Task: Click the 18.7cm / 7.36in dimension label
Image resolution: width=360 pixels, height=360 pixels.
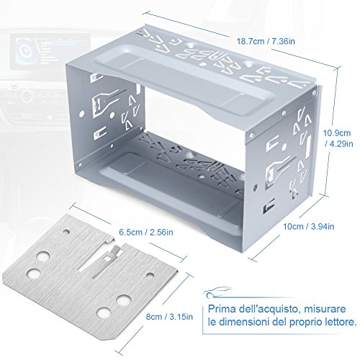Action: click(x=266, y=41)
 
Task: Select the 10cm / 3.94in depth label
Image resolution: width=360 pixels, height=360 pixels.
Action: click(x=309, y=226)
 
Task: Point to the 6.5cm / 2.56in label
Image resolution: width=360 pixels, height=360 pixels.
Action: click(x=146, y=232)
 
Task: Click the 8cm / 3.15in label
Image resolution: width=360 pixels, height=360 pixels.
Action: click(x=169, y=317)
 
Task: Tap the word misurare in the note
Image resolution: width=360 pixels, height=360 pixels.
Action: click(x=325, y=309)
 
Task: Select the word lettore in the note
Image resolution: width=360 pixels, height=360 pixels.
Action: click(x=339, y=322)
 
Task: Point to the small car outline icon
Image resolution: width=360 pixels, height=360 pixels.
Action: click(x=217, y=292)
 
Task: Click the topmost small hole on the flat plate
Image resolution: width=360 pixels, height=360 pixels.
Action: click(x=66, y=232)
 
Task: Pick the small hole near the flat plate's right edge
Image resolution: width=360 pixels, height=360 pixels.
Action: click(x=150, y=276)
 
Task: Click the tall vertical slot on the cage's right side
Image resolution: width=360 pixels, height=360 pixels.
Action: click(x=308, y=147)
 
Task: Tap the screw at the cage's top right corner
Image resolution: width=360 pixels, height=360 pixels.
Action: click(x=314, y=93)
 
